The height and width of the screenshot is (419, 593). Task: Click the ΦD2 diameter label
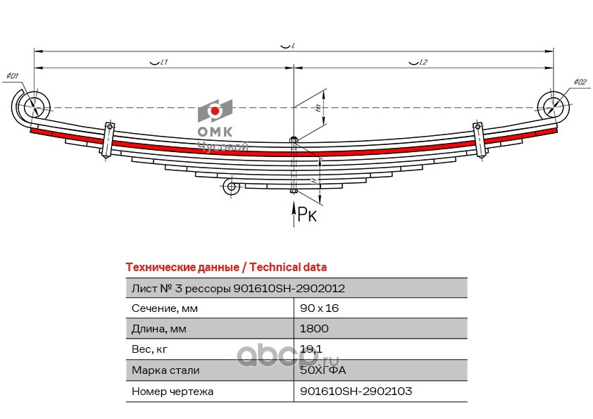coord(580,82)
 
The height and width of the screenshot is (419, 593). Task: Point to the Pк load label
coord(307,214)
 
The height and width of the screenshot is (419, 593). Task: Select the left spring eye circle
coord(31,108)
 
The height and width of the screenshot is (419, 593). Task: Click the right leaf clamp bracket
coord(480,140)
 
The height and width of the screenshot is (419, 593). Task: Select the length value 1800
coord(314,329)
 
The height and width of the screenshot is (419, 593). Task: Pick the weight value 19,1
coord(311,349)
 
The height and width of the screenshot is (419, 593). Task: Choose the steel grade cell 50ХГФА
coord(323,370)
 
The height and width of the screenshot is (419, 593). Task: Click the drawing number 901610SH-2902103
coord(356,391)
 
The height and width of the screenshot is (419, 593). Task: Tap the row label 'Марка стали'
coord(166,370)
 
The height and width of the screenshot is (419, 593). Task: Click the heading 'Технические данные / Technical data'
coord(225,268)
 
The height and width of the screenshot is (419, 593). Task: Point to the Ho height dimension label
coord(318,108)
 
